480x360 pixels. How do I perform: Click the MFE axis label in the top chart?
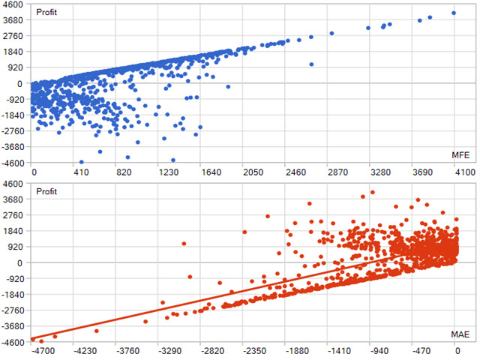coord(460,155)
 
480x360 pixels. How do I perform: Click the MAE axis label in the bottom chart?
coord(460,334)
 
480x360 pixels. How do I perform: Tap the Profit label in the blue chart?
coord(46,12)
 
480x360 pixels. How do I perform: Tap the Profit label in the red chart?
coord(46,192)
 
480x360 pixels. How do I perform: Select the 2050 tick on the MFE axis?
coord(253,172)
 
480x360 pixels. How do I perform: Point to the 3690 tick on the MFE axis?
coord(422,172)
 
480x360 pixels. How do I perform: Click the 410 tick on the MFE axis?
coord(81,172)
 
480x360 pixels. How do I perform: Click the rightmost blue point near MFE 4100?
coord(454,13)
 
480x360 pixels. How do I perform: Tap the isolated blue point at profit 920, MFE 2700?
coord(311,64)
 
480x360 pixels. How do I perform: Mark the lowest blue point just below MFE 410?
coord(82,162)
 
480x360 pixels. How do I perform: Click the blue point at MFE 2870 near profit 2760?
coord(331,33)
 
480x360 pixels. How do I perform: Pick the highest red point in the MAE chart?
coord(373,192)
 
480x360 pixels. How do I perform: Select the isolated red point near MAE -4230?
coord(97,331)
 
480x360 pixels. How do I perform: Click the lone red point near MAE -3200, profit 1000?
coord(184,244)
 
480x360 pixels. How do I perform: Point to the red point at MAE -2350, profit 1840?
coord(244,232)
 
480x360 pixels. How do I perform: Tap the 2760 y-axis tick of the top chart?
coord(13,36)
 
